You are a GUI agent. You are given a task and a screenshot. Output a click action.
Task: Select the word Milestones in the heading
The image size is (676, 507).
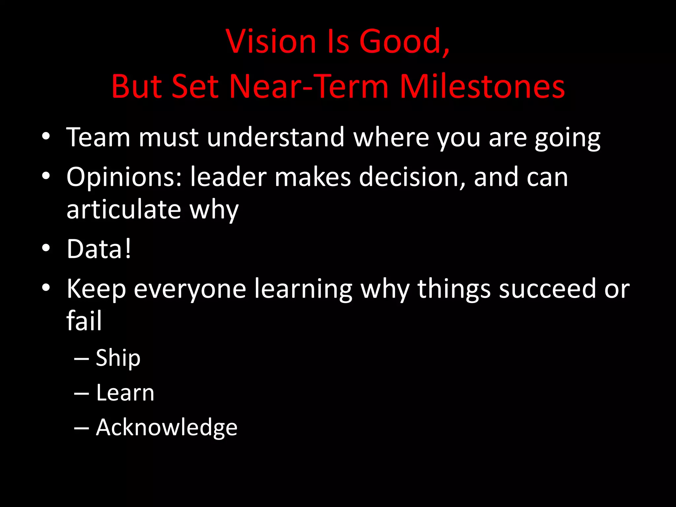[482, 86]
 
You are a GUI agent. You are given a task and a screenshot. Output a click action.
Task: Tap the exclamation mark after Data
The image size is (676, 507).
[128, 249]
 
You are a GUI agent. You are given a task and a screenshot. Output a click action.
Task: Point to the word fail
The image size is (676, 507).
[84, 321]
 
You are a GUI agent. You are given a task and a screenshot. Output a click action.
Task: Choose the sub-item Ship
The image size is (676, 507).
[118, 358]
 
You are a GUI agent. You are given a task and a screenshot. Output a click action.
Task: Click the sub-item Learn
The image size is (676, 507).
[125, 393]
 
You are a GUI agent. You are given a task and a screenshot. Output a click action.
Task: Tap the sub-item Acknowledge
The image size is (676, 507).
[166, 428]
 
